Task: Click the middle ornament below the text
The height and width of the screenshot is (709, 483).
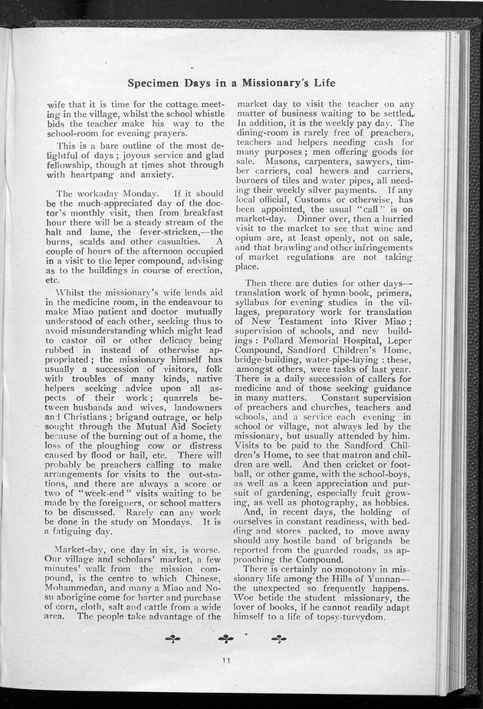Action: (225, 637)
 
